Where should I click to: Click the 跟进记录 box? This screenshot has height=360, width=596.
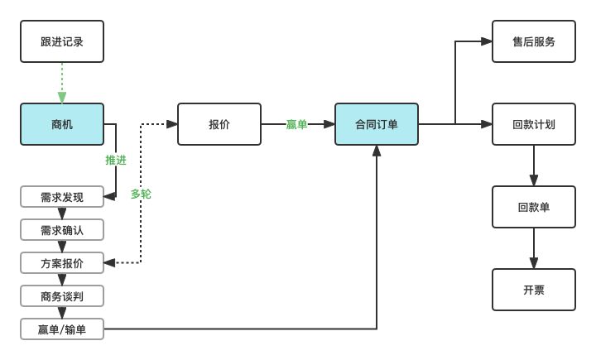[x=62, y=41]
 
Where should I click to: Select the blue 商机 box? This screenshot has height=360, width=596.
[x=62, y=124]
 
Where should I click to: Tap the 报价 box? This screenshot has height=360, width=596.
[x=219, y=124]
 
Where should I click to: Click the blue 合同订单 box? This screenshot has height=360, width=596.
[x=377, y=124]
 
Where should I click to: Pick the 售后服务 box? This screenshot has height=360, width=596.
[x=534, y=41]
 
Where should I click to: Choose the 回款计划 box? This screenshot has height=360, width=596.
[x=534, y=124]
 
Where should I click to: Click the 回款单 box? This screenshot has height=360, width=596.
[x=534, y=207]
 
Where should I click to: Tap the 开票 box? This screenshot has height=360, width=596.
[x=534, y=290]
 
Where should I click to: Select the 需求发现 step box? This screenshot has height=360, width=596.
[x=62, y=196]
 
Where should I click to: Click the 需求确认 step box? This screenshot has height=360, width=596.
[x=62, y=229]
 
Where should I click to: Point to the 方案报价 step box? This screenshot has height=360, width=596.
[x=62, y=263]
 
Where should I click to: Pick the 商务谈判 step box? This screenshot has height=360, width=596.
[x=62, y=296]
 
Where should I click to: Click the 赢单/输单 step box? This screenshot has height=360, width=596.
[x=62, y=329]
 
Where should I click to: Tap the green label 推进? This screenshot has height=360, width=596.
[x=116, y=160]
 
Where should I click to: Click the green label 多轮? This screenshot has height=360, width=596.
[x=141, y=194]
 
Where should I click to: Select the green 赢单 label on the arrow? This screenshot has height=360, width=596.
[x=296, y=124]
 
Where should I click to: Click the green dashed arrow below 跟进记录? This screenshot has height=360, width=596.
[x=62, y=83]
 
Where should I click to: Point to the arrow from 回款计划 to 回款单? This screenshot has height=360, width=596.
[x=534, y=166]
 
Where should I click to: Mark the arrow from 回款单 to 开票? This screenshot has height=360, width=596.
[x=534, y=248]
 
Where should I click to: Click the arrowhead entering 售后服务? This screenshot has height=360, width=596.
[x=487, y=41]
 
